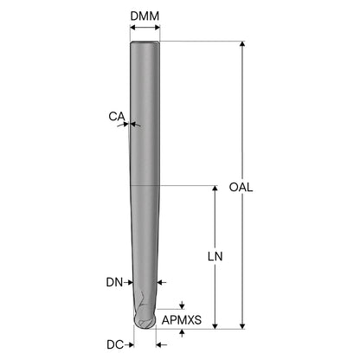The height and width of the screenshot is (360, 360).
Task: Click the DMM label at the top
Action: click(145, 16)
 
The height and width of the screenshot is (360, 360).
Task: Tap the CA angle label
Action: click(117, 117)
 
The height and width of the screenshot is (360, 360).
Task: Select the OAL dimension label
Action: click(241, 187)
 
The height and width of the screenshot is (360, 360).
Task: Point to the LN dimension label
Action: click(215, 256)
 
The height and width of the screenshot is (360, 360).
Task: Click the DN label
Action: click(114, 282)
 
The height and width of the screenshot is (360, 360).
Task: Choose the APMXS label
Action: click(182, 320)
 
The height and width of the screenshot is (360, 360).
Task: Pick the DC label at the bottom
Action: click(115, 344)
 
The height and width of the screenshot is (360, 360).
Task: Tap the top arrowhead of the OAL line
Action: click(242, 44)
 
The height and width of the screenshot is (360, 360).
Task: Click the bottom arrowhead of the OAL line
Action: click(242, 326)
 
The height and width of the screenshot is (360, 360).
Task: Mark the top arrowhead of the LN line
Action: click(215, 189)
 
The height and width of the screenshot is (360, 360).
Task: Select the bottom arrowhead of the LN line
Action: click(215, 326)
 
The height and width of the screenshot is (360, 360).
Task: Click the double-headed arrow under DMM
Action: click(145, 28)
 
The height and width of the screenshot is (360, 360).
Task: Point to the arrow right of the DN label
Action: click(128, 282)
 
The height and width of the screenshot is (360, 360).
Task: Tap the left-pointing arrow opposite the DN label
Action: click(162, 282)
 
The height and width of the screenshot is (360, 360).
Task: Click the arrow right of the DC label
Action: click(129, 344)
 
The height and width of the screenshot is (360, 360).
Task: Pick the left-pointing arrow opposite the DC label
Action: click(162, 344)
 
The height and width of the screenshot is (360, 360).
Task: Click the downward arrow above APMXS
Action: click(182, 305)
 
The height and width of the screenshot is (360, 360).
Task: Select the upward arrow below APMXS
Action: click(182, 333)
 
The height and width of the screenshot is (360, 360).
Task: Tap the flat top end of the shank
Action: click(145, 42)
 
